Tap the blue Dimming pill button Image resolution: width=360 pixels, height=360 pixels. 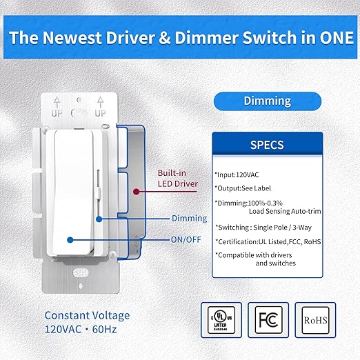(x=266, y=101)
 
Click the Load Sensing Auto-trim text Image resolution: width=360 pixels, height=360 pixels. (x=274, y=213)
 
